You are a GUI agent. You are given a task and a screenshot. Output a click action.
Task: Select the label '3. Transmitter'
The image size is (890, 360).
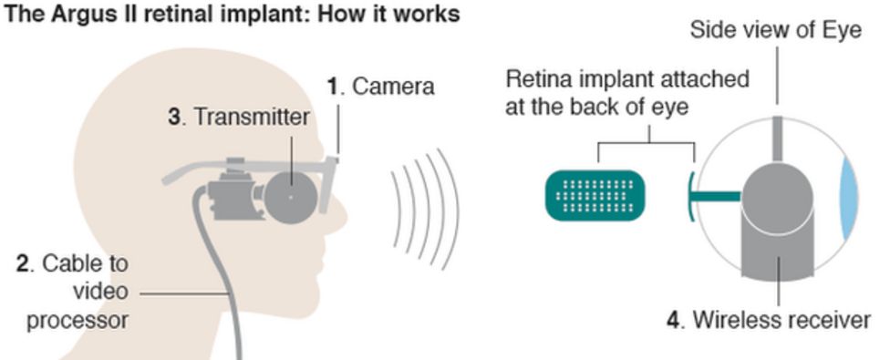click(x=240, y=118)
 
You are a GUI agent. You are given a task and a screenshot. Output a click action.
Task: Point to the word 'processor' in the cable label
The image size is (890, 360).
click(x=78, y=321)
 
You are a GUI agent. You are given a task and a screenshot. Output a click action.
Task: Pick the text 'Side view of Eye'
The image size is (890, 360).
click(x=775, y=30)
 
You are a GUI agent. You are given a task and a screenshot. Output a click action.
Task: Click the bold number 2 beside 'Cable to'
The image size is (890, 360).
click(x=23, y=264)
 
